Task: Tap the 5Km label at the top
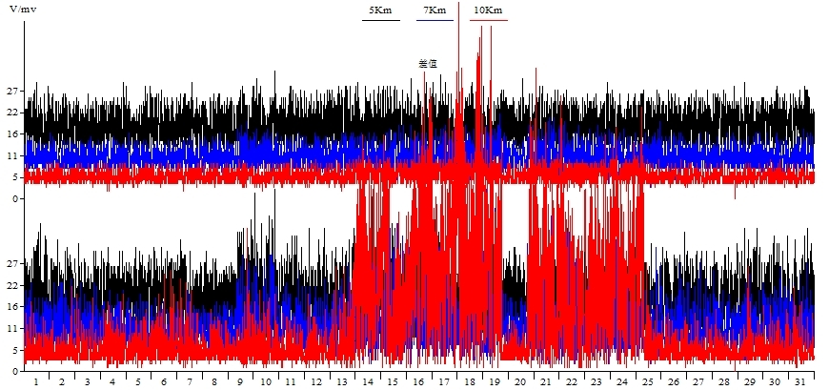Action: (x=379, y=10)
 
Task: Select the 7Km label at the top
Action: (x=435, y=10)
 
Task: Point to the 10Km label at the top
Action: (x=488, y=10)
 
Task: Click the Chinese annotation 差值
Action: (x=428, y=64)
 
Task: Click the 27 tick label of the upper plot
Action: (x=12, y=92)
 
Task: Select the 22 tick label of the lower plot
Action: (x=12, y=284)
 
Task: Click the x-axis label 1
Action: (x=36, y=381)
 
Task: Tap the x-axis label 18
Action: (x=470, y=381)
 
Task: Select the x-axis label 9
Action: (x=240, y=381)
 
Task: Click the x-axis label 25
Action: (x=648, y=381)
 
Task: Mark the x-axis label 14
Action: (x=368, y=381)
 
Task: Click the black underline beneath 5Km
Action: (x=380, y=19)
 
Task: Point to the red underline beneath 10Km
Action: (x=488, y=19)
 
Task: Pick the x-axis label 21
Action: (x=546, y=381)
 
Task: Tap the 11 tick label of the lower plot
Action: (x=12, y=327)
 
